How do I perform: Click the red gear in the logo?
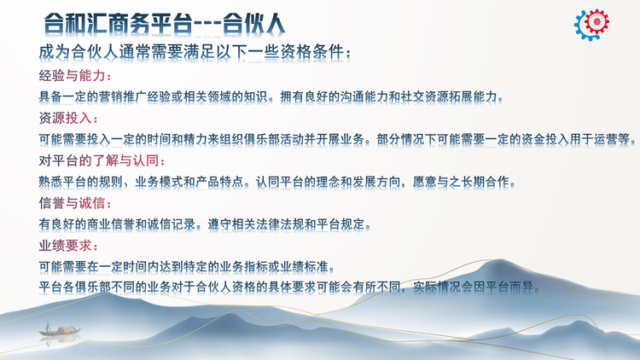596,21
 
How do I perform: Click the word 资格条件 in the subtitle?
312,52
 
